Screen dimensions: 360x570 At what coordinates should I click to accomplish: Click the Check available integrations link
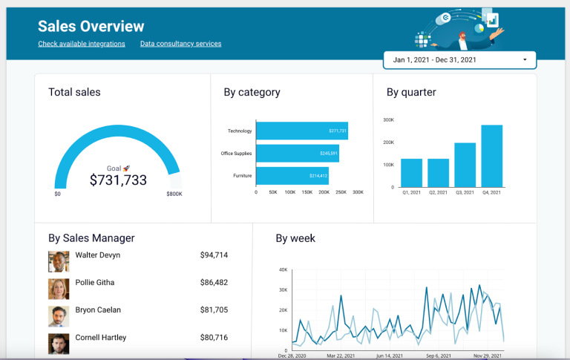[82, 44]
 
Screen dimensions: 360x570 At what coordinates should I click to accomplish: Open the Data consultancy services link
[180, 44]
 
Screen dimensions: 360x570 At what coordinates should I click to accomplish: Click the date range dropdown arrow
[525, 59]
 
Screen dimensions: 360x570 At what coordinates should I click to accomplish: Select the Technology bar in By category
[302, 131]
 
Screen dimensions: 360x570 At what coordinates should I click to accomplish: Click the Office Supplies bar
[298, 154]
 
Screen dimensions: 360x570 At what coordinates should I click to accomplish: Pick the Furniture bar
[292, 176]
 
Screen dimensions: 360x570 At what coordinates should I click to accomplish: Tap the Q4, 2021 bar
[491, 156]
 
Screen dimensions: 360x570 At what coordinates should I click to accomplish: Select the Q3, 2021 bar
[465, 165]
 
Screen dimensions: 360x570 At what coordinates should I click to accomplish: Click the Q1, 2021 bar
[411, 173]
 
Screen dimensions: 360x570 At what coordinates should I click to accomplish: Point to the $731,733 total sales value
[118, 180]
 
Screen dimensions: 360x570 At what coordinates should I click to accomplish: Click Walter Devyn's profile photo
[59, 261]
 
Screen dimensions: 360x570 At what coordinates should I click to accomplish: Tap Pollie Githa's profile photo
[59, 289]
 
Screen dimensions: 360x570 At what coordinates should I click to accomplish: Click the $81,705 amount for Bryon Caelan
[214, 310]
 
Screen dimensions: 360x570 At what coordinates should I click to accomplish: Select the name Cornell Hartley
[101, 338]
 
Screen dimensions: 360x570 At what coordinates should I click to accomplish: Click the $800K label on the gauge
[174, 194]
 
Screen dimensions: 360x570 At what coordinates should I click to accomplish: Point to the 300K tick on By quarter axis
[388, 120]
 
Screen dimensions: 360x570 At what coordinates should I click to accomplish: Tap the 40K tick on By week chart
[282, 270]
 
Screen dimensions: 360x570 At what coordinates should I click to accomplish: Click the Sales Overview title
[91, 27]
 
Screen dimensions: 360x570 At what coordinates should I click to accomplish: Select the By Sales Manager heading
[91, 238]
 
